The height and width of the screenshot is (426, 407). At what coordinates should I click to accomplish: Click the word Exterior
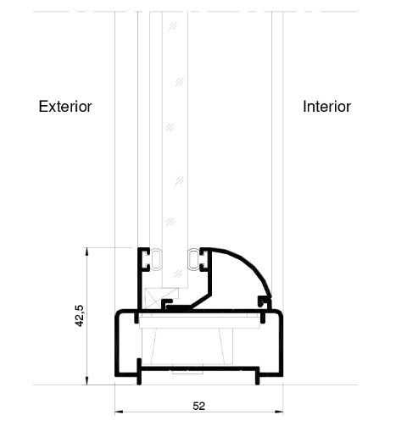(x=65, y=107)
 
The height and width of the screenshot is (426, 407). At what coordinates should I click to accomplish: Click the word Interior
(x=326, y=107)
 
